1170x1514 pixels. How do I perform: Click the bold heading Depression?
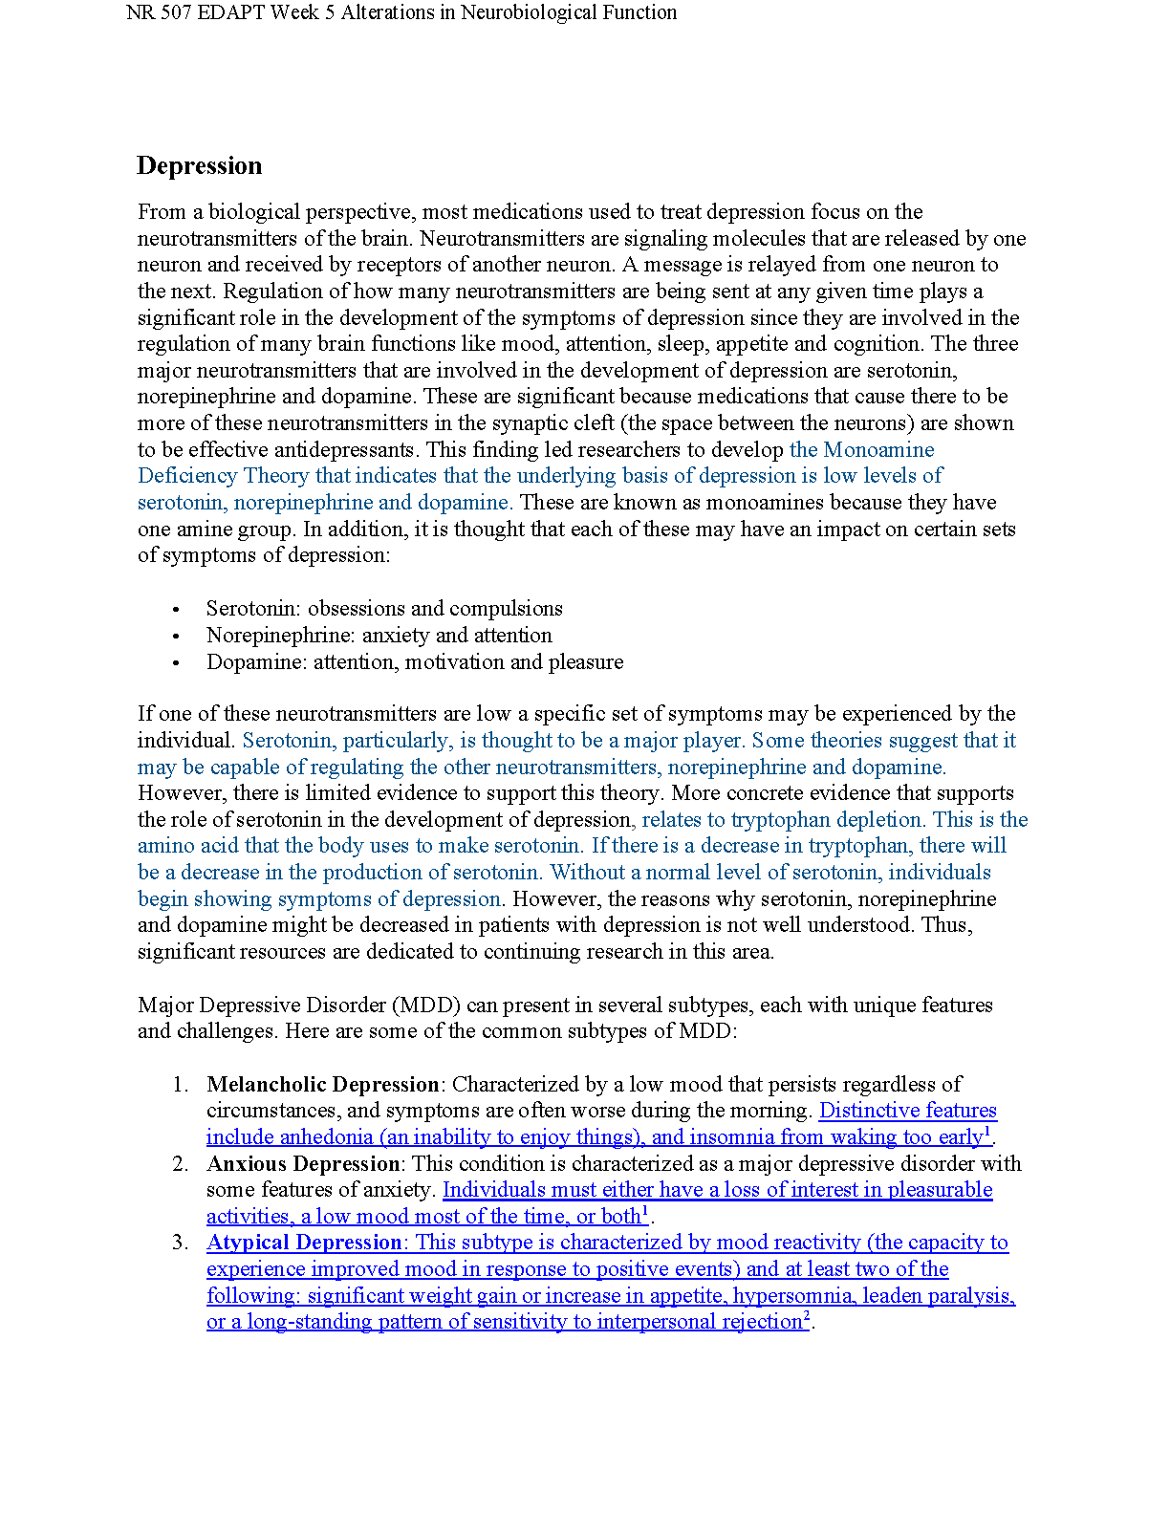tap(199, 165)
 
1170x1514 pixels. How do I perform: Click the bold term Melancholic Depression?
tap(322, 1084)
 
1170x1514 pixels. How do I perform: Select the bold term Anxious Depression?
tap(303, 1163)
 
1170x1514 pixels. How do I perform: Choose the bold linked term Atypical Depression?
tap(304, 1243)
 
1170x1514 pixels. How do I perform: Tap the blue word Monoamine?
tap(878, 449)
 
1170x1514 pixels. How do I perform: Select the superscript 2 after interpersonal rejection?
tap(807, 1316)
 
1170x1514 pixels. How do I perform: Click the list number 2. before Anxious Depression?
tap(181, 1163)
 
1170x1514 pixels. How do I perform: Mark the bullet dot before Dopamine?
tap(176, 662)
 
